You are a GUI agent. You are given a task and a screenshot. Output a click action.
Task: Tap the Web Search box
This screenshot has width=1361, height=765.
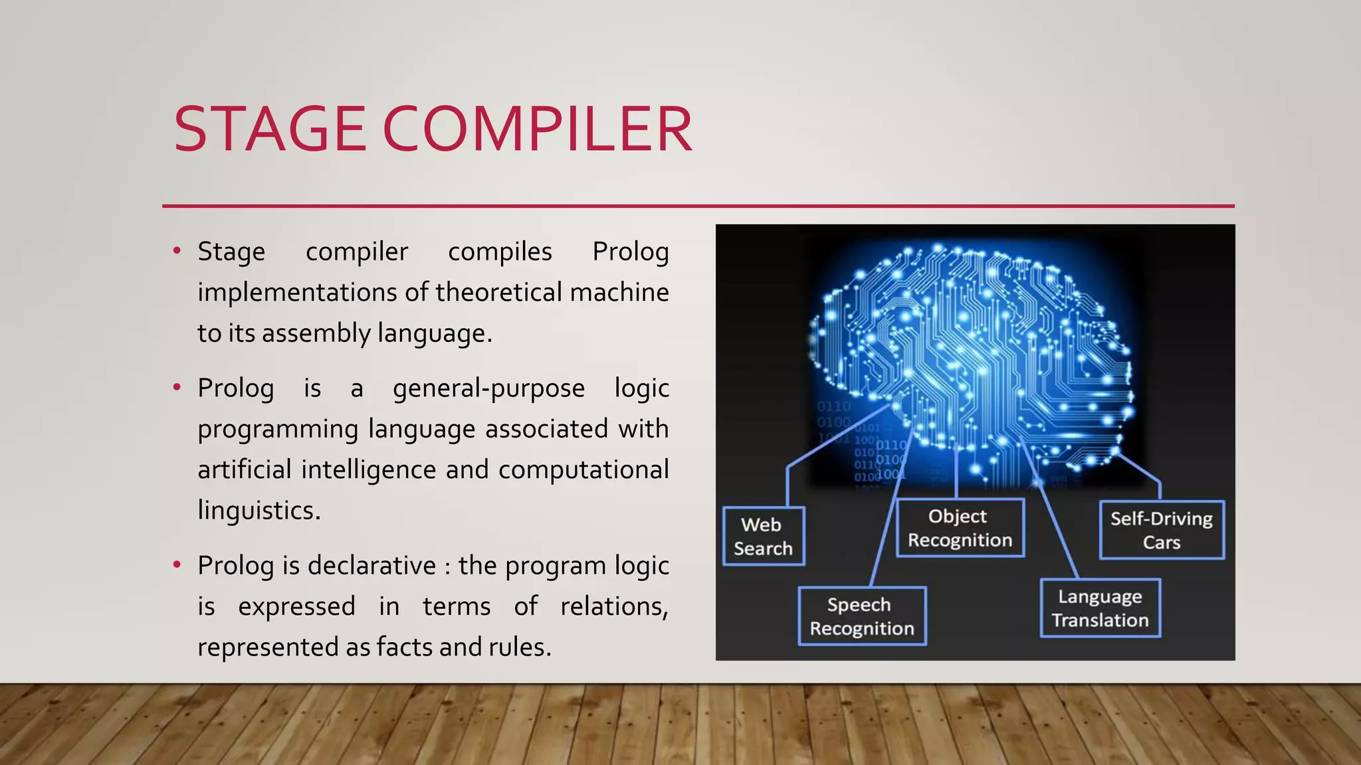point(764,536)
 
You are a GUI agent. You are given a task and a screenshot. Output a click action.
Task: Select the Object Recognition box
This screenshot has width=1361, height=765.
point(960,528)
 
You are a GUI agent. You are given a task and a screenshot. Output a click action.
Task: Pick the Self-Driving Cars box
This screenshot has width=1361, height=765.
point(1161,530)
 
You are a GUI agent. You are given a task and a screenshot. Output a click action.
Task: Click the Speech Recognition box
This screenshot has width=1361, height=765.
point(861,616)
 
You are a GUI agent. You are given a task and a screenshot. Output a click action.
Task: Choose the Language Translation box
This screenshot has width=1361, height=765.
point(1100,608)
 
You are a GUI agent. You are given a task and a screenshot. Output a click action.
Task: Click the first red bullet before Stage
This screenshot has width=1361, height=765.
point(177,251)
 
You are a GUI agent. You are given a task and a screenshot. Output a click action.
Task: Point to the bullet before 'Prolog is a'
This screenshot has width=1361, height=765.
point(177,387)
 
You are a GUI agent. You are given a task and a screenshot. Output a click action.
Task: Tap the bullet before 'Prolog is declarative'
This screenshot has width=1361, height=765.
point(177,565)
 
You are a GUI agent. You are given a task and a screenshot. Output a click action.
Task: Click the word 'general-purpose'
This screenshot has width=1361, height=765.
point(488,388)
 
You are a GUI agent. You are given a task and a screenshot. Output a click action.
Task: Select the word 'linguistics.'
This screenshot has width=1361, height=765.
point(259,510)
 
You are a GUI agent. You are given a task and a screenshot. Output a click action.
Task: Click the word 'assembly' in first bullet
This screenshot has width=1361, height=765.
point(316,333)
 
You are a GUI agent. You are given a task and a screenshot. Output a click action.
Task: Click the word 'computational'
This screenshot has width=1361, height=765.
point(583,469)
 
